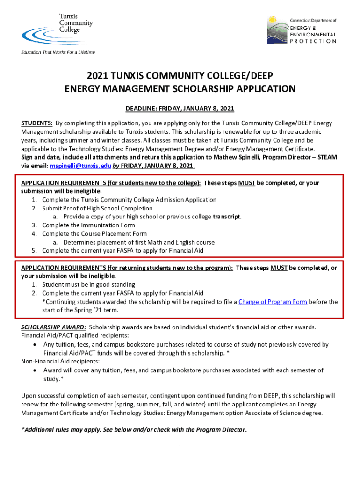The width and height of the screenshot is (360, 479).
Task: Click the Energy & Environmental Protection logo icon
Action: tap(276, 30)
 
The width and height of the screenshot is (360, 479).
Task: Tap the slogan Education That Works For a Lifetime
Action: tap(58, 52)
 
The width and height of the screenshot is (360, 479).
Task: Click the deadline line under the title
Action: tap(180, 109)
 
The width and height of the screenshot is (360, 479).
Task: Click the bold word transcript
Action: tap(227, 217)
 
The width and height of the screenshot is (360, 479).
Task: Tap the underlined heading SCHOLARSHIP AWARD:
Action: tap(53, 327)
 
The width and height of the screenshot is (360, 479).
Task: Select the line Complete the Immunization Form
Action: tap(88, 225)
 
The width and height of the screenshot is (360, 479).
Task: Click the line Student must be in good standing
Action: tap(88, 284)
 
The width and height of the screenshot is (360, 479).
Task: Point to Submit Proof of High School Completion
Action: tap(97, 208)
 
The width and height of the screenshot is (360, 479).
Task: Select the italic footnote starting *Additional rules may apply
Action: tap(134, 430)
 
